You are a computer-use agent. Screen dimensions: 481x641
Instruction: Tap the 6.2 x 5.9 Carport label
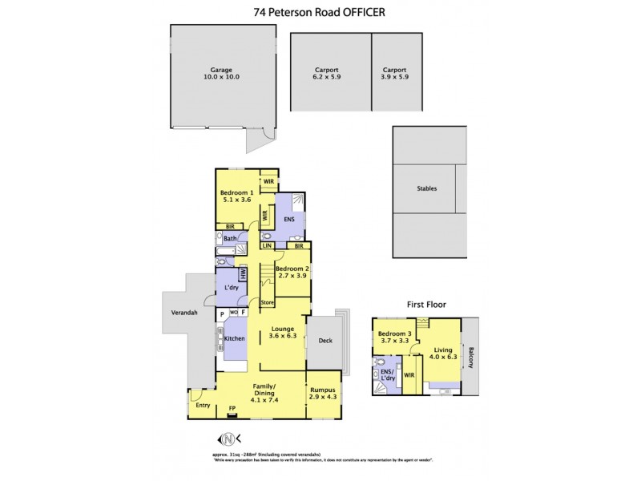(326, 75)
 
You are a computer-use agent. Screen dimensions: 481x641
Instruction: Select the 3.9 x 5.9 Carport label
(394, 75)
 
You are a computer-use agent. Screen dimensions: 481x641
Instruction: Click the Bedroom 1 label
(236, 196)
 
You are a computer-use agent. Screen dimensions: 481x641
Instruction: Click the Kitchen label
(234, 339)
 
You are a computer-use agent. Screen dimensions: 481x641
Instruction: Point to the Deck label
(325, 340)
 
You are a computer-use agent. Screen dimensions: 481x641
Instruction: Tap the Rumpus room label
(324, 395)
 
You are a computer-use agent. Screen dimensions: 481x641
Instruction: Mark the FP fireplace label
(232, 409)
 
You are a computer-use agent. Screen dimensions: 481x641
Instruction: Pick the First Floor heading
(426, 305)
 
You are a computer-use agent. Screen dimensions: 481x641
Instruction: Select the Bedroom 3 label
(393, 337)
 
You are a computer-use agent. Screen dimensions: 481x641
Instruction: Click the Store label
(268, 303)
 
